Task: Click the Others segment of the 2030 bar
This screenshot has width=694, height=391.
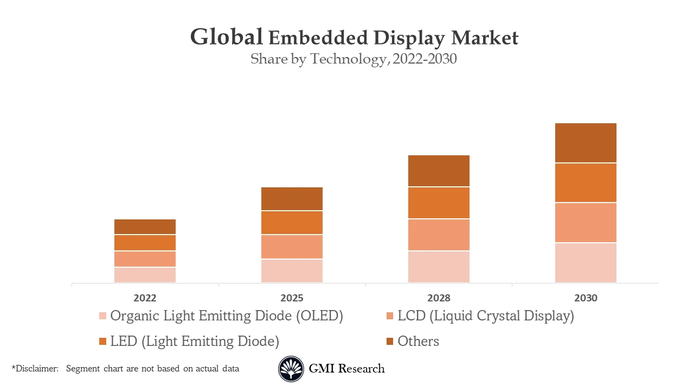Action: pyautogui.click(x=586, y=143)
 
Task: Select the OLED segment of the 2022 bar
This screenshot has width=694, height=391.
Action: pyautogui.click(x=145, y=275)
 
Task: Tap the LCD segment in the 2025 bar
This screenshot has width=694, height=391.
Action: pyautogui.click(x=292, y=247)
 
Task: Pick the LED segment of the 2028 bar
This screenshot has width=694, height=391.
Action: pyautogui.click(x=439, y=203)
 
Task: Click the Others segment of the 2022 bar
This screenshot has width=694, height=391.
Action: pyautogui.click(x=145, y=226)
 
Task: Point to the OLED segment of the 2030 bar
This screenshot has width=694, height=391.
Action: pyautogui.click(x=586, y=262)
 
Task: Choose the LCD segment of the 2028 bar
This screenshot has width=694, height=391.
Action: pyautogui.click(x=439, y=235)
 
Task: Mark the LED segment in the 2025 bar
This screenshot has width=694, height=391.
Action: pyautogui.click(x=292, y=223)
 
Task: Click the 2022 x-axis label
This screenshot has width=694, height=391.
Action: pyautogui.click(x=145, y=298)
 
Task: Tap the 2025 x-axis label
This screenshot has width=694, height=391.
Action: pyautogui.click(x=292, y=298)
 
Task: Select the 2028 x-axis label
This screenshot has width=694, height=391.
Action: pyautogui.click(x=439, y=298)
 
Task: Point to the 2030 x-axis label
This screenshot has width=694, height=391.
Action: pyautogui.click(x=586, y=298)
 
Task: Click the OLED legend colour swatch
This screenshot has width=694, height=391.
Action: pyautogui.click(x=102, y=316)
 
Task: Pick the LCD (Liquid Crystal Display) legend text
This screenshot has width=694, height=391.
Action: pyautogui.click(x=485, y=316)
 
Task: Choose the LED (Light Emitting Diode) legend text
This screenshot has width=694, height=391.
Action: pyautogui.click(x=194, y=341)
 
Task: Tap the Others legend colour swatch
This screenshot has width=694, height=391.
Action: pyautogui.click(x=390, y=341)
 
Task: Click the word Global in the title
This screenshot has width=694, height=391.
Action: pyautogui.click(x=227, y=37)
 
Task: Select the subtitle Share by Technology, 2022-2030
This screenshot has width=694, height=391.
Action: pyautogui.click(x=354, y=59)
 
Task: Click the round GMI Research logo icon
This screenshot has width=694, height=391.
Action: pyautogui.click(x=291, y=369)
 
